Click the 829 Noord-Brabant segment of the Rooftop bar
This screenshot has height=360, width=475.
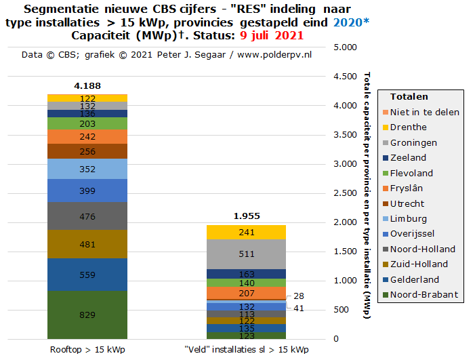tap(87, 315)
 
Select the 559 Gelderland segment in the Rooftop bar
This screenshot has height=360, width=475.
tap(87, 275)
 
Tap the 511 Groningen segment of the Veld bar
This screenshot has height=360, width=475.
tap(247, 254)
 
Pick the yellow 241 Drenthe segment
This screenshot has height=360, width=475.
tap(247, 233)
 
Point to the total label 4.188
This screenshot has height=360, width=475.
tap(87, 85)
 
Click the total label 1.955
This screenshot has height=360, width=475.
tap(247, 216)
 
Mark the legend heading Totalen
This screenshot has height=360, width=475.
tap(409, 96)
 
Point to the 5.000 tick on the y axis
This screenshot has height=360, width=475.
tap(346, 47)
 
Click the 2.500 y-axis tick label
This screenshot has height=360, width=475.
tap(346, 193)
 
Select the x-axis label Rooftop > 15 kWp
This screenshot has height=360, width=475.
tap(87, 350)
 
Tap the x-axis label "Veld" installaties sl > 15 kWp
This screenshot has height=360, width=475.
tap(247, 350)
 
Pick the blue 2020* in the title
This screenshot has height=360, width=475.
tap(351, 22)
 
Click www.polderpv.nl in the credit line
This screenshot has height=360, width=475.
tap(274, 54)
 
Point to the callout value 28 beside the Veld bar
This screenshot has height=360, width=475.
tap(299, 296)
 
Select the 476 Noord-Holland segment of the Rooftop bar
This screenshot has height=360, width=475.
tap(87, 217)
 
